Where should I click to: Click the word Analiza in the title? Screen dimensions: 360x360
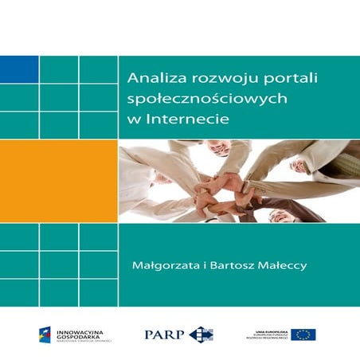click(x=151, y=79)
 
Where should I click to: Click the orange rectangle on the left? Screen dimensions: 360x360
click(x=59, y=182)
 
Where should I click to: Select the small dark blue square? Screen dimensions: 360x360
click(x=19, y=69)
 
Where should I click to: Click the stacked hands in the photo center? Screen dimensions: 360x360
click(x=231, y=186)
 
